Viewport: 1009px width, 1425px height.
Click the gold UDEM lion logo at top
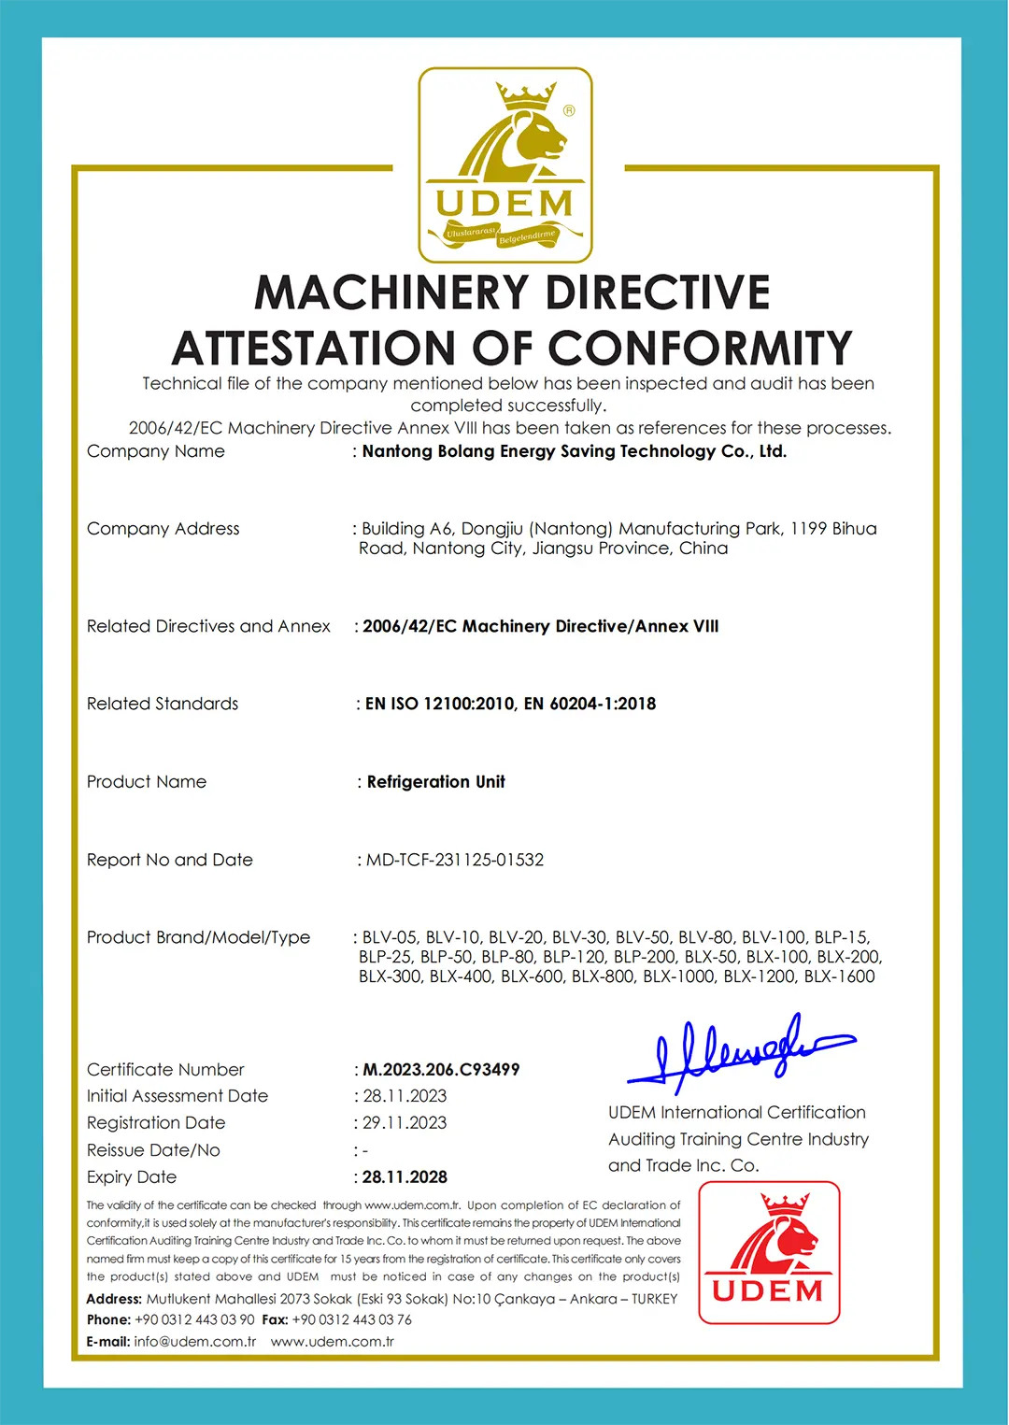point(505,165)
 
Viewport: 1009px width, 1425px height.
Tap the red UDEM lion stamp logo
point(769,1252)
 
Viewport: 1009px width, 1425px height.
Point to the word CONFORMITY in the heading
point(700,349)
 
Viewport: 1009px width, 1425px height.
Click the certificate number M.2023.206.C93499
point(441,1070)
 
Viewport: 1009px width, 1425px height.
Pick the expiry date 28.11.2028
point(405,1177)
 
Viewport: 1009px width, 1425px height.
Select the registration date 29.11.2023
point(405,1123)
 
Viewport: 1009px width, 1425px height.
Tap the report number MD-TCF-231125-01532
point(454,860)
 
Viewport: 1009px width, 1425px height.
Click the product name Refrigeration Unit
point(435,782)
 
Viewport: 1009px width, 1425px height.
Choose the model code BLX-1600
point(839,976)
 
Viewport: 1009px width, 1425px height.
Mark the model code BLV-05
point(390,937)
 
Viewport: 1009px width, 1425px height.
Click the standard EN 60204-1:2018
point(590,704)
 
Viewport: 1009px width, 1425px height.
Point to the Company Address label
point(163,529)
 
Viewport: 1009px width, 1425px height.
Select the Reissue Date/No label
point(153,1150)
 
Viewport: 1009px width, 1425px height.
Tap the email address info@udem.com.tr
point(194,1342)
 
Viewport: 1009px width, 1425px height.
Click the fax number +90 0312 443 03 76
point(351,1320)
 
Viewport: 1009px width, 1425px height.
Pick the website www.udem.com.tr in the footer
point(333,1342)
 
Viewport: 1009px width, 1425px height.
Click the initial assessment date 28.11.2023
point(405,1096)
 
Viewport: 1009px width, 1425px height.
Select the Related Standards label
point(163,704)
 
